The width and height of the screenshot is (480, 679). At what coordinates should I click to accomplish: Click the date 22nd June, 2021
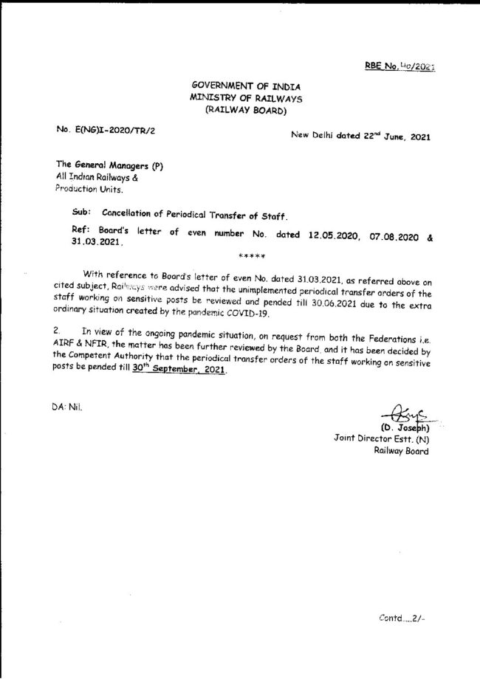tap(391, 136)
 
